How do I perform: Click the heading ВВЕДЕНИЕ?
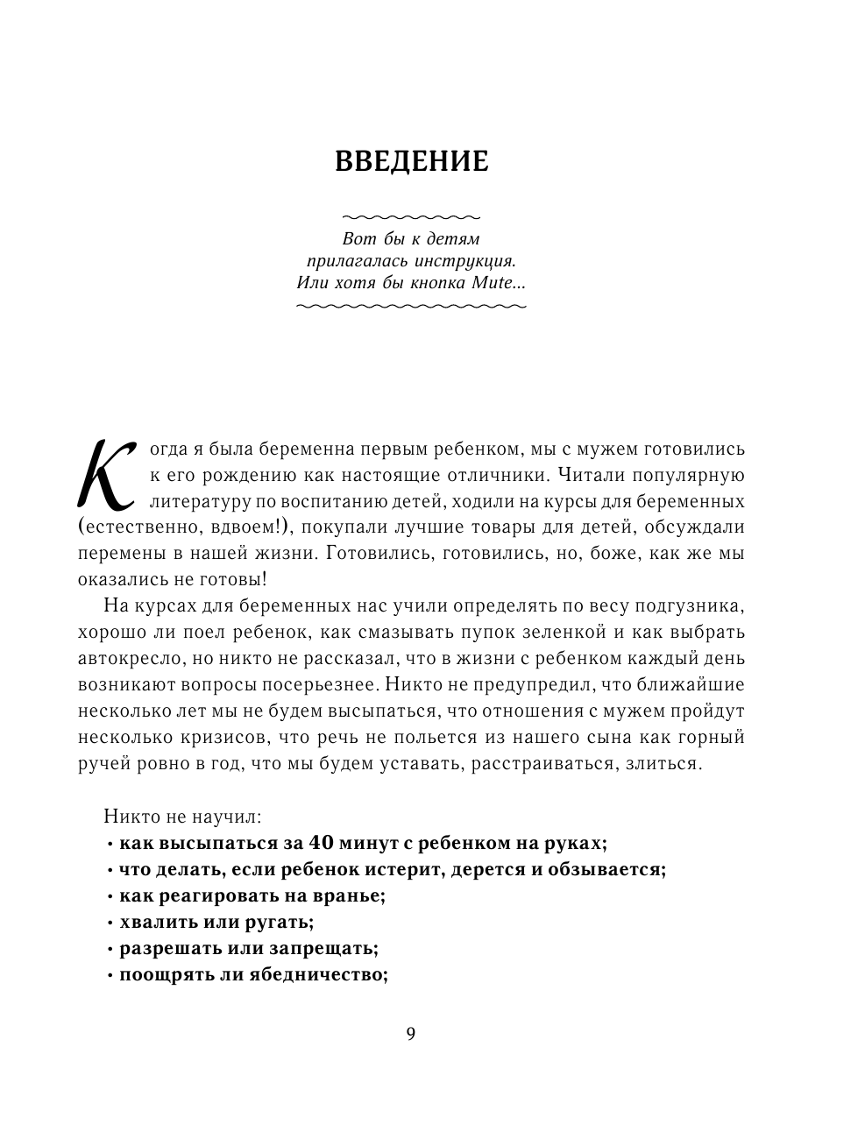412,162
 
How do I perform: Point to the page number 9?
411,1034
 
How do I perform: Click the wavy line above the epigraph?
411,216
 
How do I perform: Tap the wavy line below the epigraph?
411,306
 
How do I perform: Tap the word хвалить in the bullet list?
150,922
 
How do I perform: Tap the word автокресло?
129,658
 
